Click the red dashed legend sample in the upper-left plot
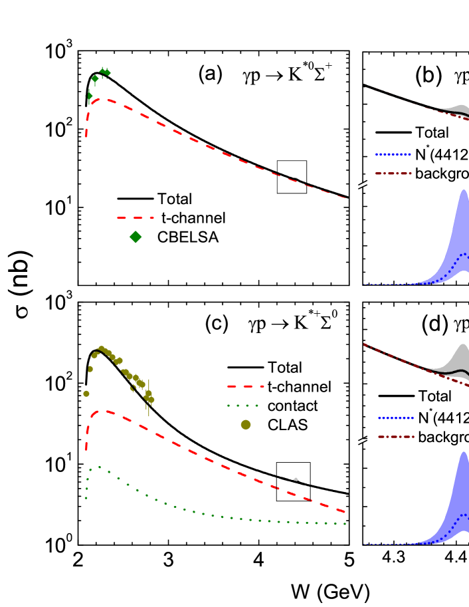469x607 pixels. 135,217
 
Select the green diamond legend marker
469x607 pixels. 136,237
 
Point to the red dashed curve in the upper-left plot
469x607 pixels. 199,142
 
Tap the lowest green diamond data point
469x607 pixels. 89,96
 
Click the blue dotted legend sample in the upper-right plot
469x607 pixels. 393,154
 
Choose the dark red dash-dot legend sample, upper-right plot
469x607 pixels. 393,174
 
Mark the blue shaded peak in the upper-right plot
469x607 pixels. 463,219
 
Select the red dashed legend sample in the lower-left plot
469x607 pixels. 245,386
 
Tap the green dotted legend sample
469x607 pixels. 242,406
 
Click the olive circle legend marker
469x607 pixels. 246,424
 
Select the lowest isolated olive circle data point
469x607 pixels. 86,394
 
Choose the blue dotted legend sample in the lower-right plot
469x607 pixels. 396,418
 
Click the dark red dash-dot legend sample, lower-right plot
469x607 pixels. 396,437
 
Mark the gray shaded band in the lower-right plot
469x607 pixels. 461,356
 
